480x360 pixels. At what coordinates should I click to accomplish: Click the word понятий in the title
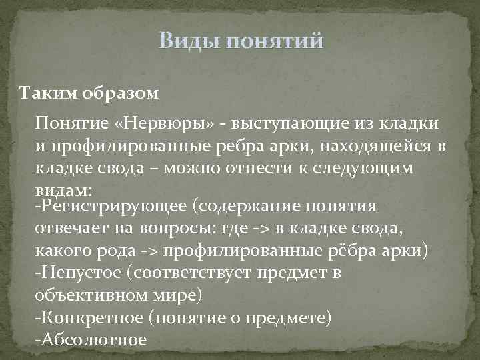tap(275, 42)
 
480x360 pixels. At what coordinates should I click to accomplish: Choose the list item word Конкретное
tap(93, 317)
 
